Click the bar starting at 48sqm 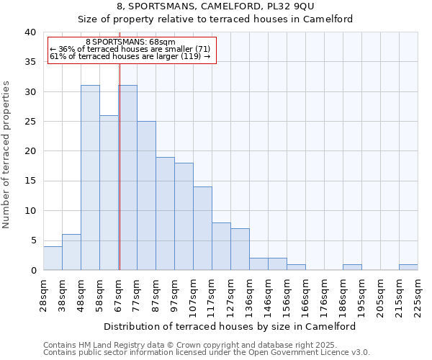pos(90,178)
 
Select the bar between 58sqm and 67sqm pos(109,193)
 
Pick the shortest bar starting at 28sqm pos(53,258)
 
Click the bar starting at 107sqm pos(202,228)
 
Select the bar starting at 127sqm pos(240,249)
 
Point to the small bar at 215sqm pos(408,267)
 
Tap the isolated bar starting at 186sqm pos(352,267)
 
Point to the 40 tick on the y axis pos(30,32)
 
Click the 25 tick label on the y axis pos(30,122)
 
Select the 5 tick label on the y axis pos(33,240)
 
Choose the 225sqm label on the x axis pos(418,293)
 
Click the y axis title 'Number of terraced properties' pos(7,154)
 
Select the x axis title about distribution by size pos(230,326)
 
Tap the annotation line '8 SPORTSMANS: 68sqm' pos(130,42)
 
